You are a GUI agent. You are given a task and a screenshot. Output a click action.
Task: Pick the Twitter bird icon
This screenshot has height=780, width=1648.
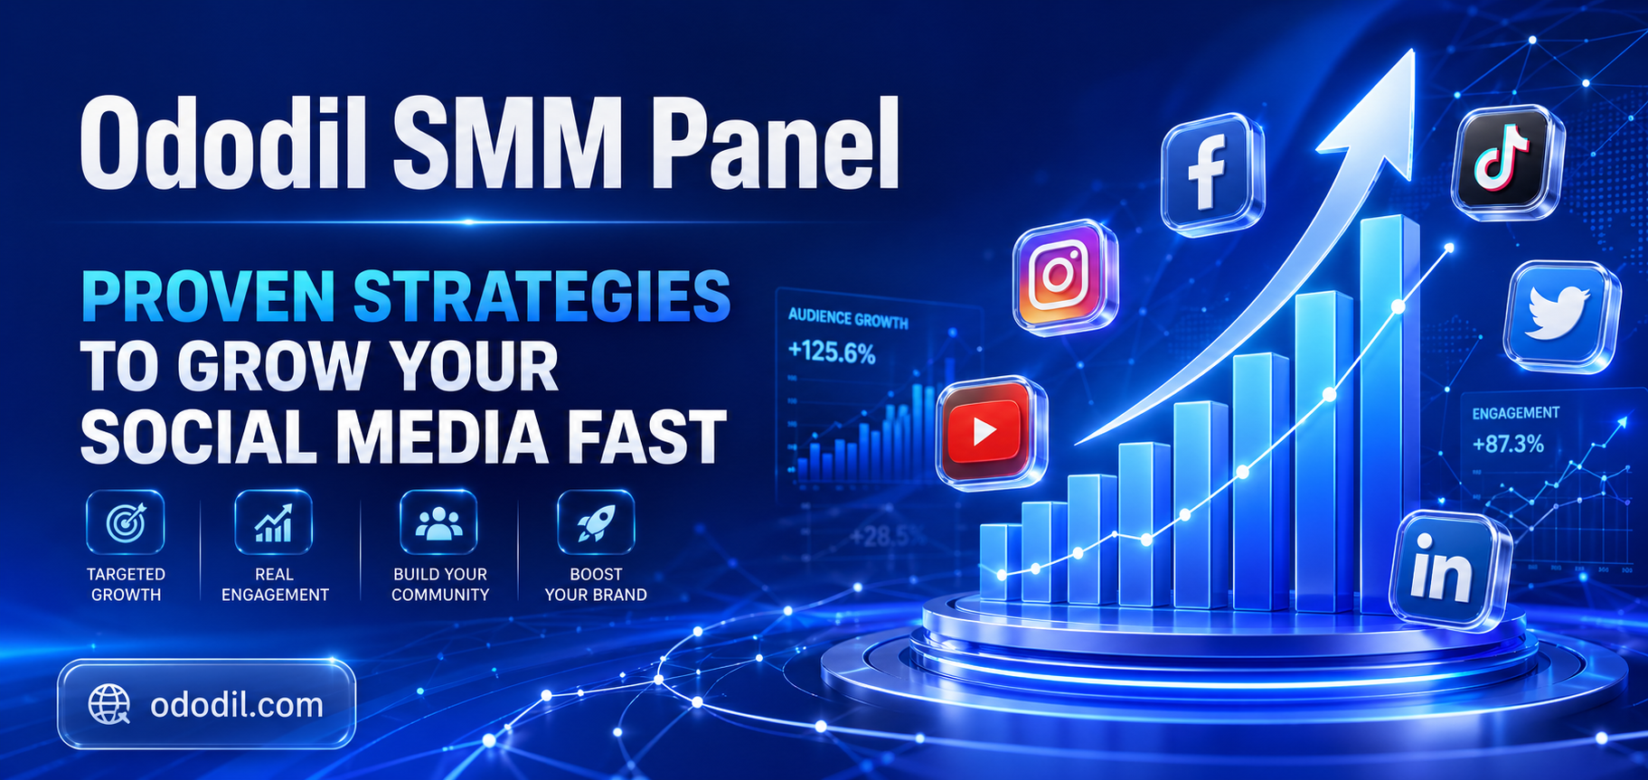click(x=1559, y=314)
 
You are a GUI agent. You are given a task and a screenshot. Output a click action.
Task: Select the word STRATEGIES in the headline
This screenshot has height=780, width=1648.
click(x=541, y=296)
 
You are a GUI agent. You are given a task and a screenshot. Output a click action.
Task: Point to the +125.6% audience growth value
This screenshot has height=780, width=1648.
click(x=832, y=352)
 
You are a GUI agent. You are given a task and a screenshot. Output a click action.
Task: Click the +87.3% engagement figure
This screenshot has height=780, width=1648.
click(x=1508, y=444)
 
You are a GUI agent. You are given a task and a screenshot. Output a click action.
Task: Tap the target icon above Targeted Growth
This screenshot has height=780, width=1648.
click(x=126, y=522)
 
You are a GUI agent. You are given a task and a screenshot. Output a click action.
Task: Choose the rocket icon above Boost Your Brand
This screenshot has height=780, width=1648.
click(x=596, y=522)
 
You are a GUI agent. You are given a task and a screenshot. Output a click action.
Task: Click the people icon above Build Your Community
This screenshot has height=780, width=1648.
click(x=439, y=522)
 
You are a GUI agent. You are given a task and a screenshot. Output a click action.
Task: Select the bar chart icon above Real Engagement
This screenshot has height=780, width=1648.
click(x=274, y=522)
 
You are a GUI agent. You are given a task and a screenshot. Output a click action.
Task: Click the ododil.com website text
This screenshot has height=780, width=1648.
click(x=237, y=705)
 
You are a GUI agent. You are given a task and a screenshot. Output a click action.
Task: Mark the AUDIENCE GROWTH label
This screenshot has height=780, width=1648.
click(x=848, y=319)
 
